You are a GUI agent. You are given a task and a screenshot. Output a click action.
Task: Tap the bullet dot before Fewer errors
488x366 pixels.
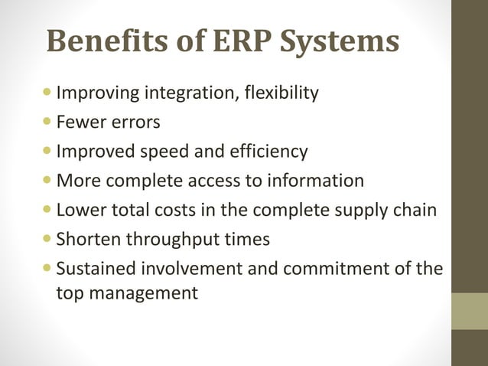tap(50, 122)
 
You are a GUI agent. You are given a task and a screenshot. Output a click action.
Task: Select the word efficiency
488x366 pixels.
tap(270, 152)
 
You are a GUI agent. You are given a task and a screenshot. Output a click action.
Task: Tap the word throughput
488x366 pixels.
tap(173, 239)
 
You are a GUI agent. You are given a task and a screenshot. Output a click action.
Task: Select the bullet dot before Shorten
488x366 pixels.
tap(50, 238)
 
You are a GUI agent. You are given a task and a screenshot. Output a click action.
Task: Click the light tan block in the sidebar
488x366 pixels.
tap(470, 311)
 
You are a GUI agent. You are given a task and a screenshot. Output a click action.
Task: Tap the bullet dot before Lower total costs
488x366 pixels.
tap(50, 209)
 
